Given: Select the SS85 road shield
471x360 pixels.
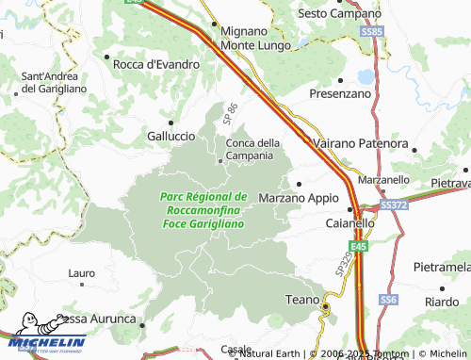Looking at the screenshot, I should pos(374,32).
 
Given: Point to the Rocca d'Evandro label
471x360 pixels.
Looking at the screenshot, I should pos(156,64).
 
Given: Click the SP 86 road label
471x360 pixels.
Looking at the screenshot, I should pos(232,115).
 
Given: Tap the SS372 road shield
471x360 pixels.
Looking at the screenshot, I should pos(392,205).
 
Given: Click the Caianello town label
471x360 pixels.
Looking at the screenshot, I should pos(350,225).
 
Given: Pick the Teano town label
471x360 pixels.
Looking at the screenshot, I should pos(302,300).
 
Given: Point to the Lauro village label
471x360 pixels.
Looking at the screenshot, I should pos(82,273).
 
